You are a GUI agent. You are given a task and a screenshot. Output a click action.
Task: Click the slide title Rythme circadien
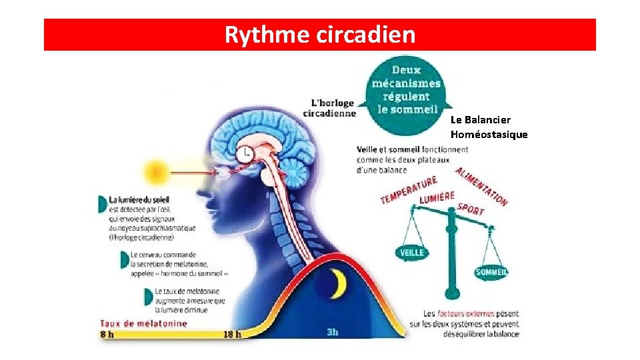pos(319,34)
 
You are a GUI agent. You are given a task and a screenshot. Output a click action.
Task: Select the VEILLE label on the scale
pos(411,253)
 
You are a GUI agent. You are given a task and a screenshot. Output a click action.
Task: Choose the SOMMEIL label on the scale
pos(492,272)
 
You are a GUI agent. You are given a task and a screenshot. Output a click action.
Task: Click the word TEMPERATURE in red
pos(409,190)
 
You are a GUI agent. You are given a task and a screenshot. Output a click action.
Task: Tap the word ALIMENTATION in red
pos(481,187)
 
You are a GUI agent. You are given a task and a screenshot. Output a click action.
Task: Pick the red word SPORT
pos(471,209)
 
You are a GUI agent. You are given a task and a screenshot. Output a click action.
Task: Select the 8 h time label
pos(107,334)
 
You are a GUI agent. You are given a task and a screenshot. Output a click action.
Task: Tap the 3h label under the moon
pos(333,332)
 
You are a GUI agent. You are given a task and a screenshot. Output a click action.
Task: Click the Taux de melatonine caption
pos(143,323)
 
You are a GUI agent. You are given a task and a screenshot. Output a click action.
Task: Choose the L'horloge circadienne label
pos(329,108)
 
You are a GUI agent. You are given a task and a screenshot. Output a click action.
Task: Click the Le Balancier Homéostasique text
pos(489,127)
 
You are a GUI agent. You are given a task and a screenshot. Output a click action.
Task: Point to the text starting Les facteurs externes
pos(471,323)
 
